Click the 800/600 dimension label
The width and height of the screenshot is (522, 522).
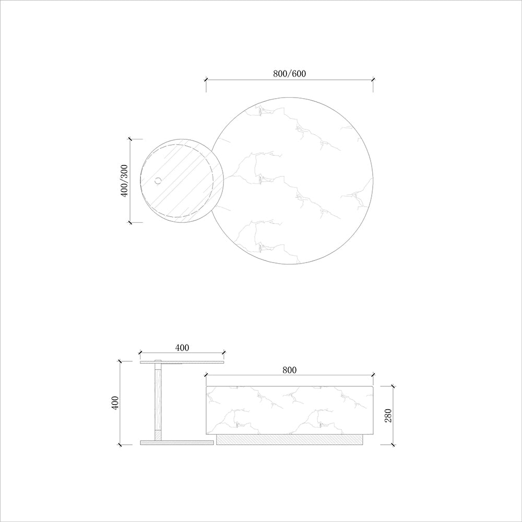coord(289,74)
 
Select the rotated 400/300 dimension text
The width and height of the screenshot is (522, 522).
coord(124,181)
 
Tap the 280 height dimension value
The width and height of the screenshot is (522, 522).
coord(387,416)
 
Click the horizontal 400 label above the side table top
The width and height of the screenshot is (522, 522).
coord(182,347)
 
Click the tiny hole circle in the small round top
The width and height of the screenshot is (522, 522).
coord(158,181)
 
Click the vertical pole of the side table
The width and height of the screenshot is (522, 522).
coord(158,402)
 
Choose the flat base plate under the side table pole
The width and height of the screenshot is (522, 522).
coord(177,442)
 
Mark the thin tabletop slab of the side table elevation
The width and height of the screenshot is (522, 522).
coord(182,362)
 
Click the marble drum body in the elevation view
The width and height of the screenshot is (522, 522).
coord(290,410)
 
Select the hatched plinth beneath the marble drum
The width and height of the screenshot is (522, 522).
coord(290,440)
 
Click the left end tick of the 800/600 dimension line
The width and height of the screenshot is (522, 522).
coord(206,80)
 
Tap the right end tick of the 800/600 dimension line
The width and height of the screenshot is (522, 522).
coord(373,80)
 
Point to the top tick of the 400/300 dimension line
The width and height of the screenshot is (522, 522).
coord(130,139)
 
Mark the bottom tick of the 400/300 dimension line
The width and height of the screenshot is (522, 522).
coord(130,222)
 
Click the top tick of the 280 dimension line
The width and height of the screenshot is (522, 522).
coord(393,387)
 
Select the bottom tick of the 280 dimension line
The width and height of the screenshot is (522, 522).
coord(393,445)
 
